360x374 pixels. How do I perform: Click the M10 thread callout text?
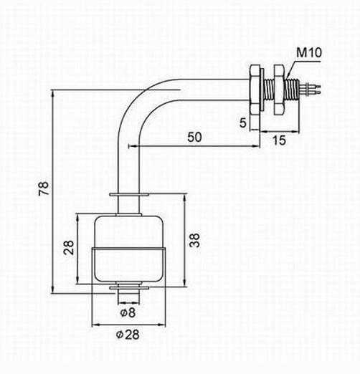[x=309, y=52]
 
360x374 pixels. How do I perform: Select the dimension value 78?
[x=44, y=188]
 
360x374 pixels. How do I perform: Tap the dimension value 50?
[x=194, y=137]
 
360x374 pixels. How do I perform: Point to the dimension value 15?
[x=279, y=140]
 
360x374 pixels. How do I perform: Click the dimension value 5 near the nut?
[x=243, y=123]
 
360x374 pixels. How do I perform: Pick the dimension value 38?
[x=194, y=240]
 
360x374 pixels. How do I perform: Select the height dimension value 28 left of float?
[x=69, y=247]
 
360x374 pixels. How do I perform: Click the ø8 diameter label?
[x=128, y=312]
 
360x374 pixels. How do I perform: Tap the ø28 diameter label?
[x=128, y=335]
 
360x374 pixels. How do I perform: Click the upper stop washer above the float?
[x=129, y=195]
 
